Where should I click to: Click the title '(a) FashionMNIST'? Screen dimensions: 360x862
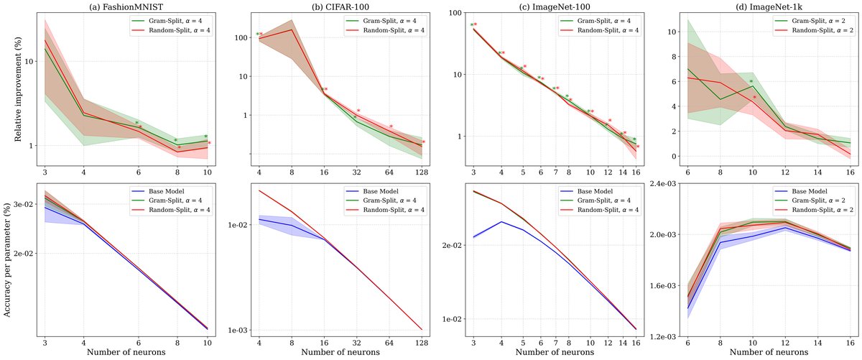tap(126, 6)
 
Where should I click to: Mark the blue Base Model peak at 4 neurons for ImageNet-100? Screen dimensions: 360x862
tap(501, 222)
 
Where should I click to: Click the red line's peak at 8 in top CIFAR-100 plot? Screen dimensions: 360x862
tap(292, 29)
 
